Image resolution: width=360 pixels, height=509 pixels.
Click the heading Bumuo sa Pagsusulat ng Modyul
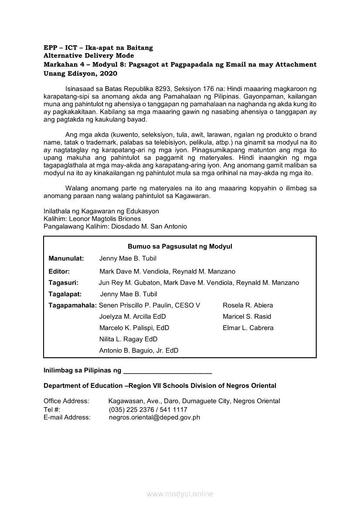tap(180, 246)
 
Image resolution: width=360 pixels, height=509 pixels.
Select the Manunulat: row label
tap(66, 259)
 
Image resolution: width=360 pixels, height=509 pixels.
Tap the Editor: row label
tap(59, 272)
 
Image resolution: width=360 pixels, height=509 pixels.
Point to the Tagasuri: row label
tap(64, 283)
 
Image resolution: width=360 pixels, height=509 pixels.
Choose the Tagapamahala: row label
tap(73, 306)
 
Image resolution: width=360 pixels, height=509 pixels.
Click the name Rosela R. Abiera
tap(248, 306)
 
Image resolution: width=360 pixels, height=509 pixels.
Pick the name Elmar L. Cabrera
tap(248, 328)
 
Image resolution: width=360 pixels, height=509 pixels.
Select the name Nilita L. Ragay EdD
tap(128, 340)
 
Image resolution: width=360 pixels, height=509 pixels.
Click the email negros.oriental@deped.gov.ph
tap(154, 418)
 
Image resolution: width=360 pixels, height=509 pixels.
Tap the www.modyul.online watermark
tap(180, 494)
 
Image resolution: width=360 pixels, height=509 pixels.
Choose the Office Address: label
tap(66, 401)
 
